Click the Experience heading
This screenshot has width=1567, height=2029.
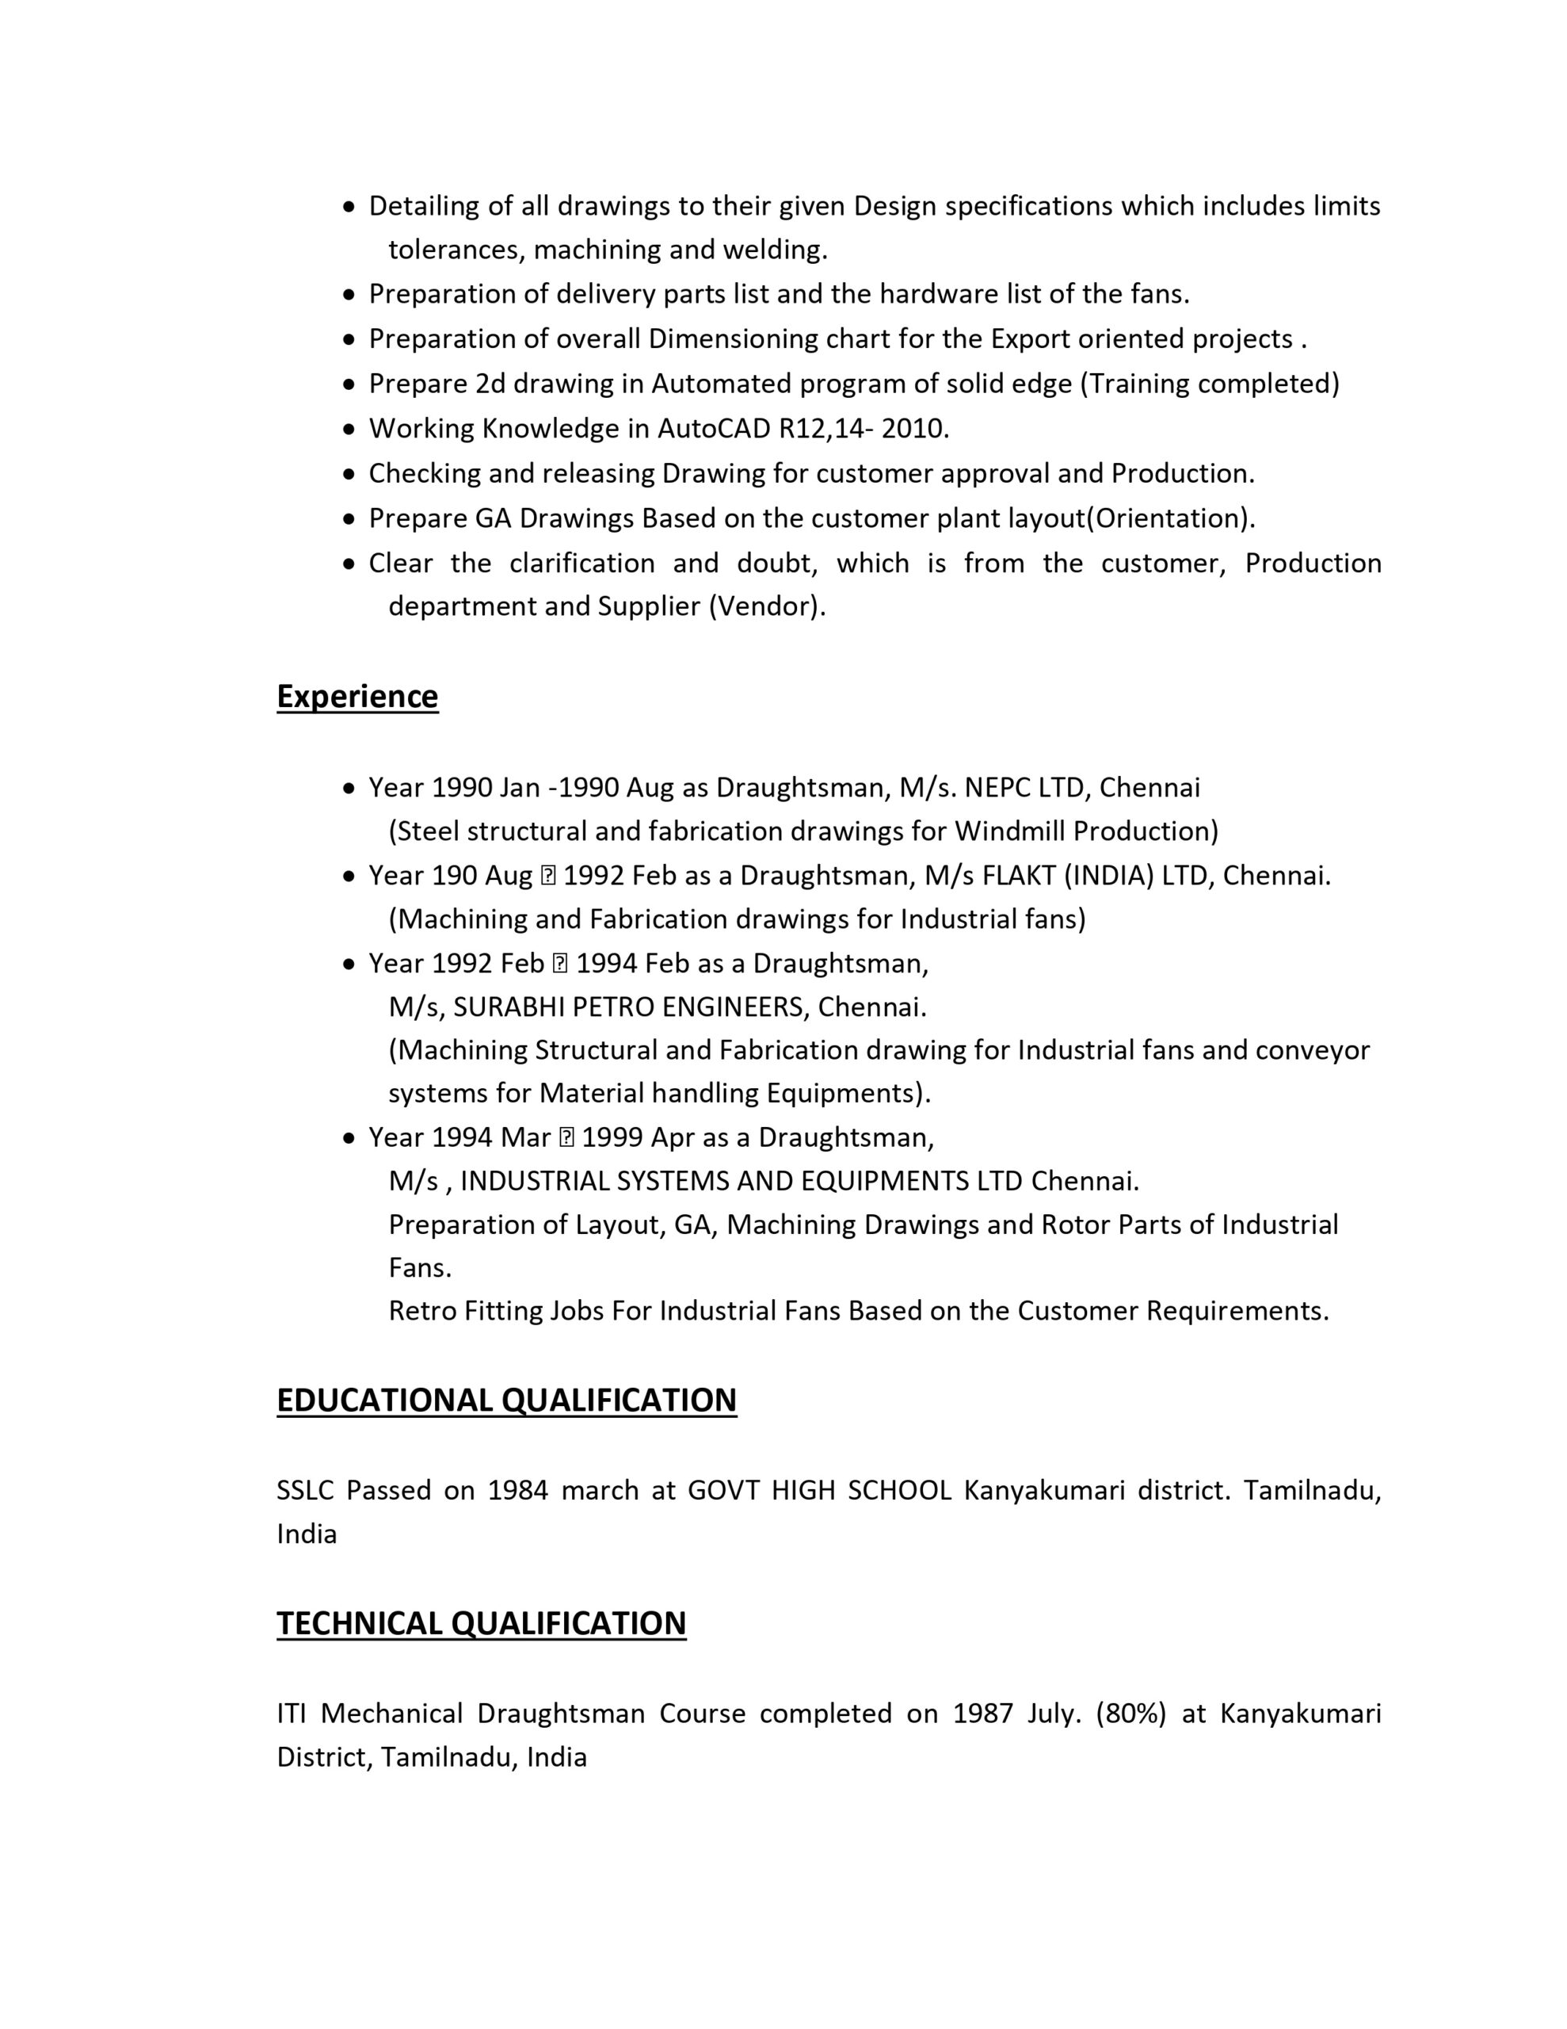[356, 696]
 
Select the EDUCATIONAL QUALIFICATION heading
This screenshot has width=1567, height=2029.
[506, 1399]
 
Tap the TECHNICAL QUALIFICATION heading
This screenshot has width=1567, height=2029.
[481, 1622]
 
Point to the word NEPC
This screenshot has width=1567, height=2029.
[997, 788]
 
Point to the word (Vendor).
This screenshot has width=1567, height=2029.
[767, 606]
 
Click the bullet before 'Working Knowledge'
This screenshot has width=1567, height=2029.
[349, 430]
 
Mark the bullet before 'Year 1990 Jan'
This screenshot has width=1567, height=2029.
[349, 789]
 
